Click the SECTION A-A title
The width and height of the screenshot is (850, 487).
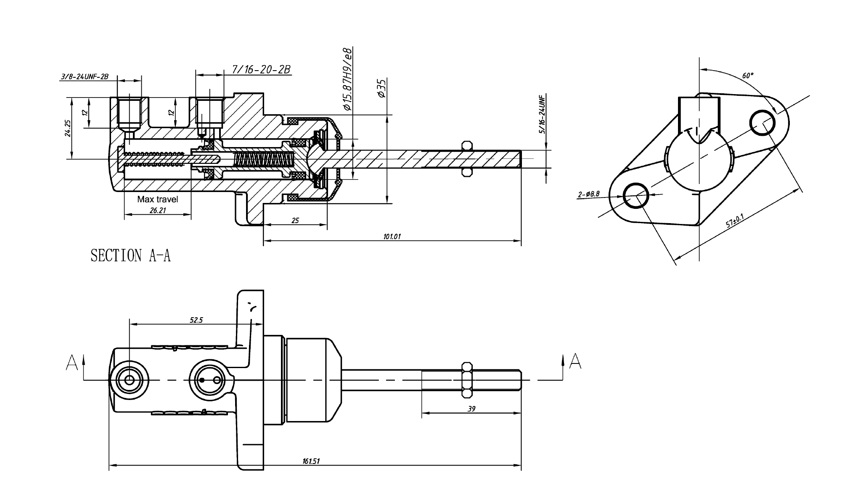tap(131, 255)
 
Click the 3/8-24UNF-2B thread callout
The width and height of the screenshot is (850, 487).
tap(85, 76)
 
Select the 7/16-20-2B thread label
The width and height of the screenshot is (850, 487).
tap(261, 69)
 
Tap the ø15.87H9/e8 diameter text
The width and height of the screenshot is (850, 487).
tap(347, 79)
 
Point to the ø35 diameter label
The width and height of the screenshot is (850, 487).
tap(381, 88)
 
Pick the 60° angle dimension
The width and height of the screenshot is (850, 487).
tap(748, 76)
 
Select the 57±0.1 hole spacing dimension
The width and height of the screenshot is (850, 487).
tap(735, 220)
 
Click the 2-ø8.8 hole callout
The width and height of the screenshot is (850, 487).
tap(589, 194)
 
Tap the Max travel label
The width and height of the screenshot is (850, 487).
tap(158, 199)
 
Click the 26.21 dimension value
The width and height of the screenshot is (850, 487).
tap(158, 210)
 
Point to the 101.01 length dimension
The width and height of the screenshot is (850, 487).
tap(392, 237)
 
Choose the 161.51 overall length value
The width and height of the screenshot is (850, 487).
tap(311, 461)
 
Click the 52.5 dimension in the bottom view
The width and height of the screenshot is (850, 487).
tap(196, 320)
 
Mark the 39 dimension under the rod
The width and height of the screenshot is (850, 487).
tap(471, 408)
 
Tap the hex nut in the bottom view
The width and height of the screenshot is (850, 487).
tap(467, 380)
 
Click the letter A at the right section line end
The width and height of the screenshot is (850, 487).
tap(575, 362)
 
